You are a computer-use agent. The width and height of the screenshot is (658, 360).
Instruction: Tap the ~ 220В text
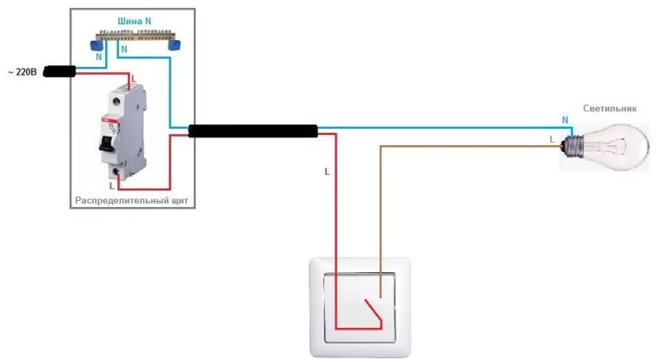tap(22, 72)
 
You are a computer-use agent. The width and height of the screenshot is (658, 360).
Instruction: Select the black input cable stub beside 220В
tap(58, 71)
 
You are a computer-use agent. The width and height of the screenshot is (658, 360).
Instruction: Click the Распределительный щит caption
tap(130, 201)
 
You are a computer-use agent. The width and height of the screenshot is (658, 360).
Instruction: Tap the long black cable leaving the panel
tap(253, 131)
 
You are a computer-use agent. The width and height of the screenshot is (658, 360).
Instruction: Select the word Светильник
tap(610, 109)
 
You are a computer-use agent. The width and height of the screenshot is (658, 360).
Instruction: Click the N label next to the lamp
tap(565, 119)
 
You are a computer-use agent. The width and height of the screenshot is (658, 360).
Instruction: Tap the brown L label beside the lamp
tap(553, 138)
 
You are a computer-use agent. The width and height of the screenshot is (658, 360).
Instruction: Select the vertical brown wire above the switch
tap(380, 209)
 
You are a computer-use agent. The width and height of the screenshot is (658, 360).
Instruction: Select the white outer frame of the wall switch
tap(316, 304)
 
